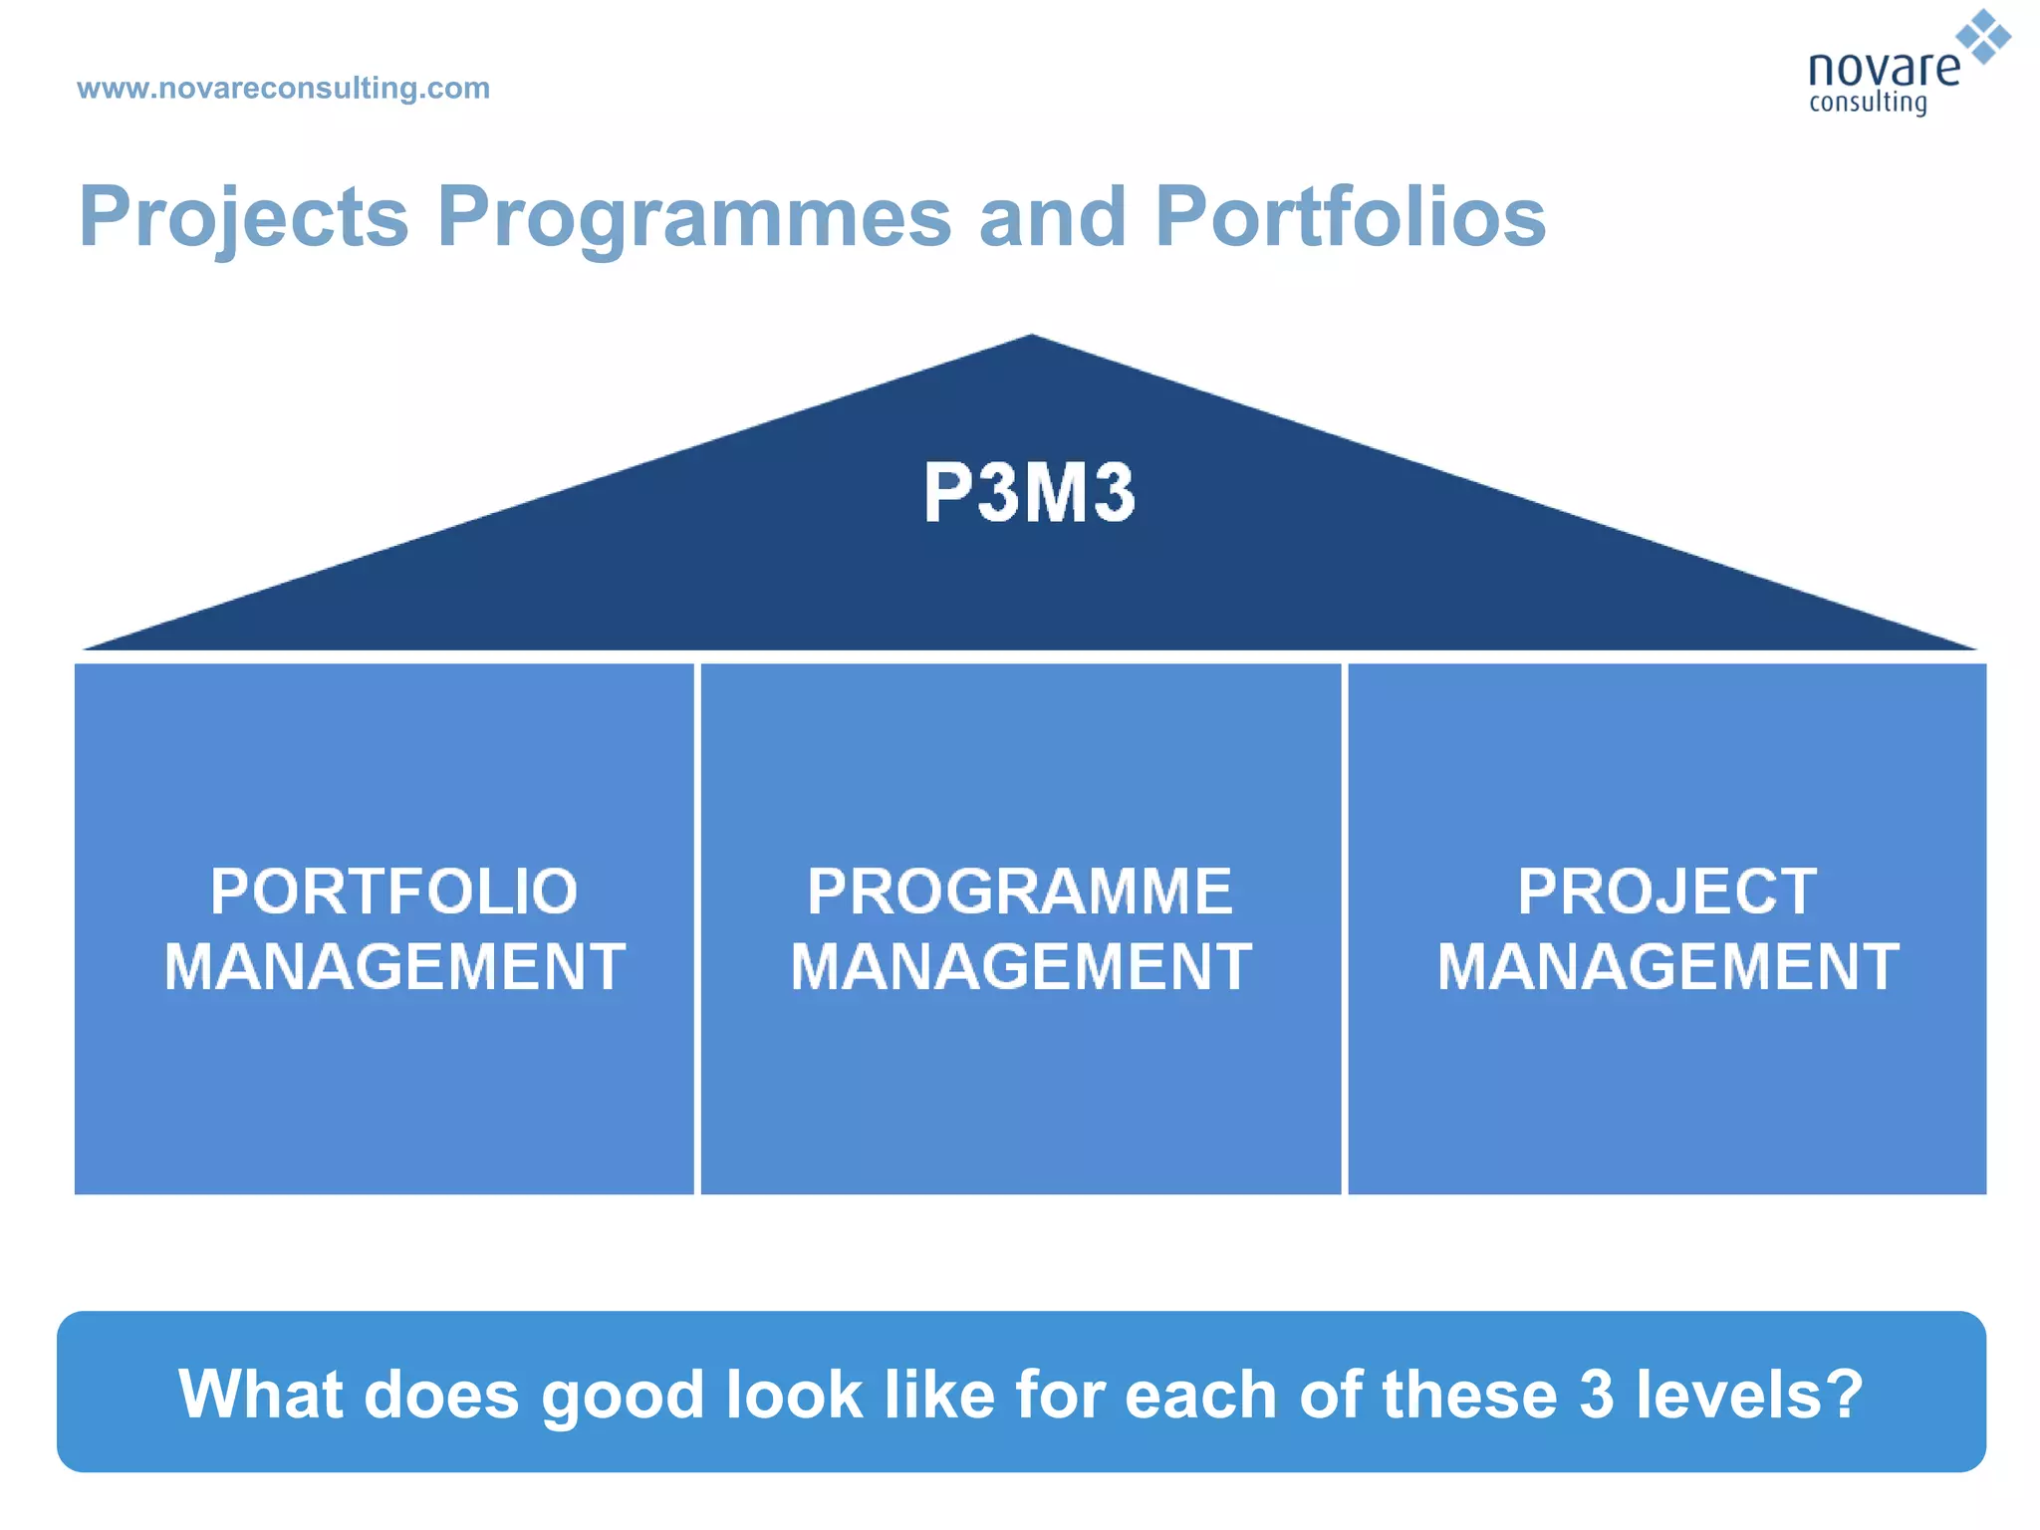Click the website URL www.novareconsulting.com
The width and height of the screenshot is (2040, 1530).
[283, 88]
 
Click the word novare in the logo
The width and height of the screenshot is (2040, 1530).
[1883, 70]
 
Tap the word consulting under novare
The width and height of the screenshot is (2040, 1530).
[1868, 104]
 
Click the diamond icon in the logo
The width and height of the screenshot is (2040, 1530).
[1983, 37]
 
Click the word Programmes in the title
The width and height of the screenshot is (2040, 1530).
[694, 217]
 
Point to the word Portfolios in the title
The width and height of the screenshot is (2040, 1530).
[1350, 217]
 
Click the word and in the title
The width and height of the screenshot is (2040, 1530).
[1052, 217]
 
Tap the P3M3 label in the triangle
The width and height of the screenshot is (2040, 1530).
[1029, 492]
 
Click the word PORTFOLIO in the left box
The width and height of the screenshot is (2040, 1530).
[393, 891]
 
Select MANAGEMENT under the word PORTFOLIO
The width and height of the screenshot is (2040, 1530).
[394, 966]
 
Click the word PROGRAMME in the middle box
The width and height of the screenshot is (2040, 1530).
[1020, 891]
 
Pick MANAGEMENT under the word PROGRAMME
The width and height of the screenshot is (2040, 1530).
[1021, 966]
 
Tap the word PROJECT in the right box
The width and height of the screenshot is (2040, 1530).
[1666, 891]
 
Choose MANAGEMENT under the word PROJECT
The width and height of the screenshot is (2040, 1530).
[1667, 966]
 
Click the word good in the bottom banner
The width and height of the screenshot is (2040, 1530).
[623, 1395]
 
